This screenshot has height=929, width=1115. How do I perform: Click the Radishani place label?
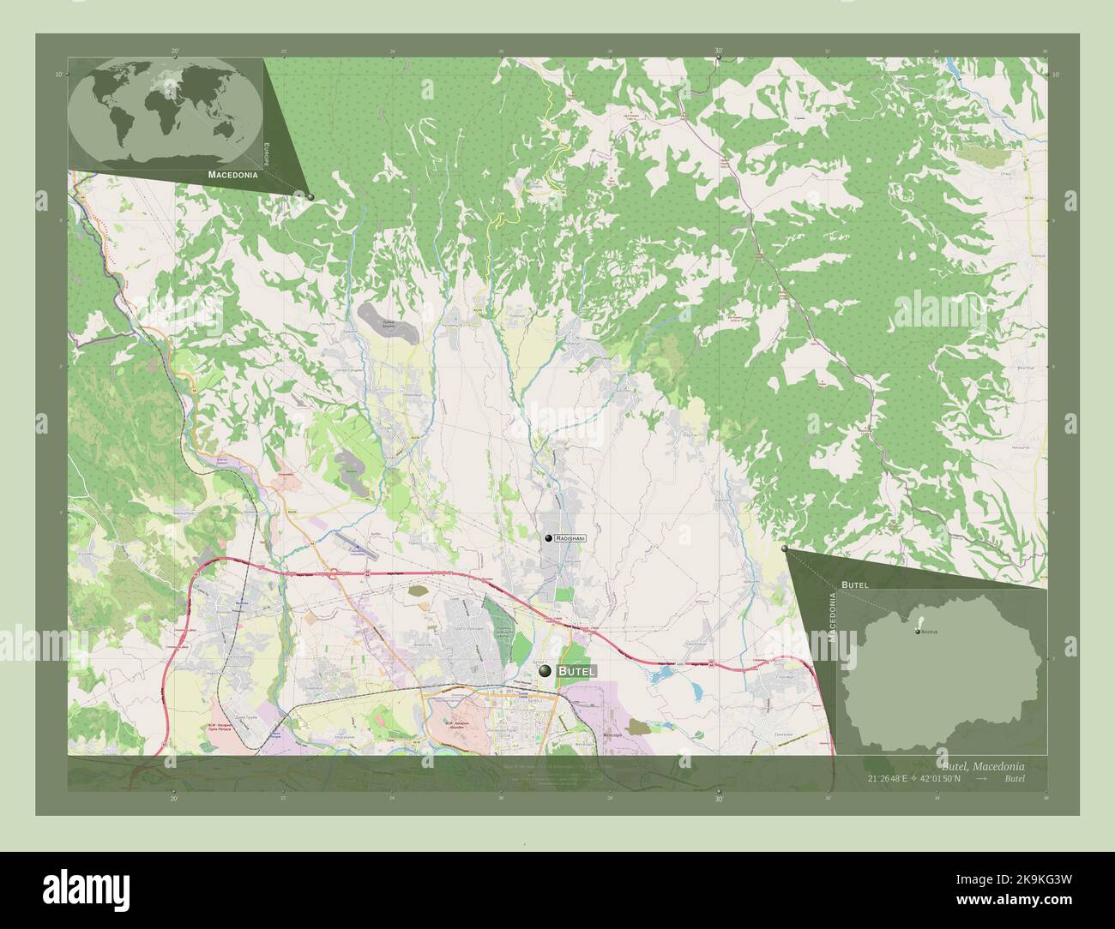coord(570,537)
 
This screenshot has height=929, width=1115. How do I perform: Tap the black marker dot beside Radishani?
coord(548,537)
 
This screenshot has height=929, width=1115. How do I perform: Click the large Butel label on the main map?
coord(576,672)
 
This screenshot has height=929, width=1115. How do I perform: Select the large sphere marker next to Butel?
coord(545,672)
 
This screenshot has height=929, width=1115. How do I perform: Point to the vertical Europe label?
coord(267,158)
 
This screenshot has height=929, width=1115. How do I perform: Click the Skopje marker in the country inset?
coord(917,632)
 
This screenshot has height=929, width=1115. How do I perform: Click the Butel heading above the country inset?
coord(855,584)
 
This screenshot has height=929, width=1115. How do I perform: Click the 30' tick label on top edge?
coord(719,51)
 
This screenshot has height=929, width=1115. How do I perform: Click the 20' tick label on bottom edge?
coord(174,799)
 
